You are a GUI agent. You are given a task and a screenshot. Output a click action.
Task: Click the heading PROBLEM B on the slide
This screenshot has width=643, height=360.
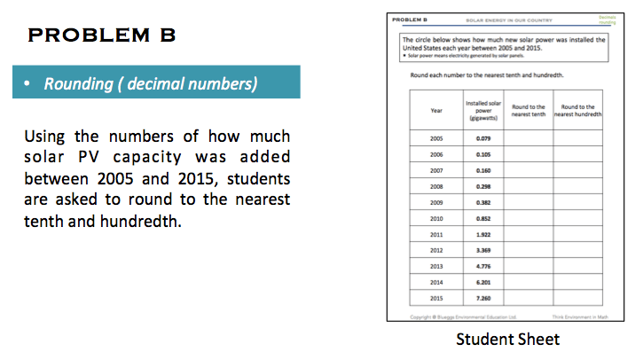(x=102, y=35)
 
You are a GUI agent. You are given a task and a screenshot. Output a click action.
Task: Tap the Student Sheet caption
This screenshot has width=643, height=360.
(x=508, y=339)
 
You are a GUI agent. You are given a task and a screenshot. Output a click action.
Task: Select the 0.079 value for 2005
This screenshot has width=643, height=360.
(x=484, y=138)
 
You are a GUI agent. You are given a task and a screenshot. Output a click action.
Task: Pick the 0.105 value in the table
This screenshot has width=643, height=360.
(x=484, y=153)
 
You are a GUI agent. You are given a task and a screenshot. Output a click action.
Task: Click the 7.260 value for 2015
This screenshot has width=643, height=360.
(x=484, y=297)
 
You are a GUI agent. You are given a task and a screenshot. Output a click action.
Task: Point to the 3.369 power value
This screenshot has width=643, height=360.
(x=484, y=249)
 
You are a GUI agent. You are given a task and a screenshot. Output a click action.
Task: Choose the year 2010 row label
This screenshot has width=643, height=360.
(x=435, y=217)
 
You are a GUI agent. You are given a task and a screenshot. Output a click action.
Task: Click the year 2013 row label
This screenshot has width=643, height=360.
(x=435, y=265)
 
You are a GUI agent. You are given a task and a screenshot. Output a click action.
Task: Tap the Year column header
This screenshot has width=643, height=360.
(x=435, y=110)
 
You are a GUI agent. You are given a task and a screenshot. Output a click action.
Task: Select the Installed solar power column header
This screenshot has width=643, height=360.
(x=484, y=110)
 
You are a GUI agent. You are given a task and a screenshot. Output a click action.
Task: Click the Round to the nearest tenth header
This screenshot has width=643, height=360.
(x=529, y=110)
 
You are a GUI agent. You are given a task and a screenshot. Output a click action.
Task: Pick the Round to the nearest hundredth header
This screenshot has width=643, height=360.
(x=578, y=110)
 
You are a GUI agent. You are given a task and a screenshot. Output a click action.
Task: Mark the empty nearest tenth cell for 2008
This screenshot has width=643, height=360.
(x=529, y=186)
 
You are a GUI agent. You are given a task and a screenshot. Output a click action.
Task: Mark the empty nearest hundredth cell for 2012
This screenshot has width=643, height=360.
(x=578, y=249)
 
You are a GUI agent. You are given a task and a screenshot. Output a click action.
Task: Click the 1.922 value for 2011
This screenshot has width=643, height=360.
(x=484, y=233)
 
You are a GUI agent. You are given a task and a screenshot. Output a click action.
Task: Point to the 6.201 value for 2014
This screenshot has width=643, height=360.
(x=484, y=281)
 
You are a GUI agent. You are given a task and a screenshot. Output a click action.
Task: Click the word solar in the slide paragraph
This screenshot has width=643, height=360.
(x=46, y=159)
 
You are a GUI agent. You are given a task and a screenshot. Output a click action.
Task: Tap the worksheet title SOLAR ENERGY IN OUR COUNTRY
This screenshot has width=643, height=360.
(x=493, y=18)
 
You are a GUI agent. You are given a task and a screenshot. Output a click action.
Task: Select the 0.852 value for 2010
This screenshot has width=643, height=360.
(x=484, y=217)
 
